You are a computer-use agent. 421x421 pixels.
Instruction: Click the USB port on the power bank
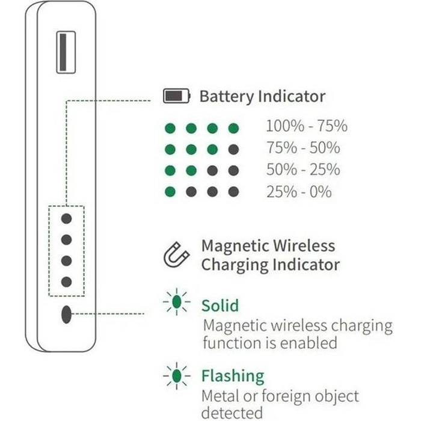(66, 52)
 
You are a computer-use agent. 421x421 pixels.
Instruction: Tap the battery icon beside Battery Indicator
(177, 96)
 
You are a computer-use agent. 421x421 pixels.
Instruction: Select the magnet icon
(176, 254)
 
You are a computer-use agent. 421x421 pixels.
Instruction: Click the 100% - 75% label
(307, 126)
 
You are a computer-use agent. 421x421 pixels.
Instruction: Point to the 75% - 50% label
(303, 147)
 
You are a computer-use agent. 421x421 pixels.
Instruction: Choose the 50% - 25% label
(303, 170)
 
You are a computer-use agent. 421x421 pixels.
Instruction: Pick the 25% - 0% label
(299, 192)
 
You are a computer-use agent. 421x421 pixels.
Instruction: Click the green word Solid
(220, 306)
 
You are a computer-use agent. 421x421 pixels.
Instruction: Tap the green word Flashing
(233, 376)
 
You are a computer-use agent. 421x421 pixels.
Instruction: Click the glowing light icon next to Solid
(176, 302)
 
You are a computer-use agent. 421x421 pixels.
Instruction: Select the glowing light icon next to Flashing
(176, 376)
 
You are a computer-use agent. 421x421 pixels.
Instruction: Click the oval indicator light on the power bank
(66, 314)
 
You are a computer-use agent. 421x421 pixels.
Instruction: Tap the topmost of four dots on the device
(66, 218)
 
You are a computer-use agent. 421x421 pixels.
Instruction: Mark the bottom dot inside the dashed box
(66, 282)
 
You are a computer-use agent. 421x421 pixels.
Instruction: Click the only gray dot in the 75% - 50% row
(233, 149)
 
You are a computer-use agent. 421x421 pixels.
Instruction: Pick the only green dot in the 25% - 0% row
(170, 192)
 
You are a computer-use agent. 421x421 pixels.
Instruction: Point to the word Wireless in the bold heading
(304, 245)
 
